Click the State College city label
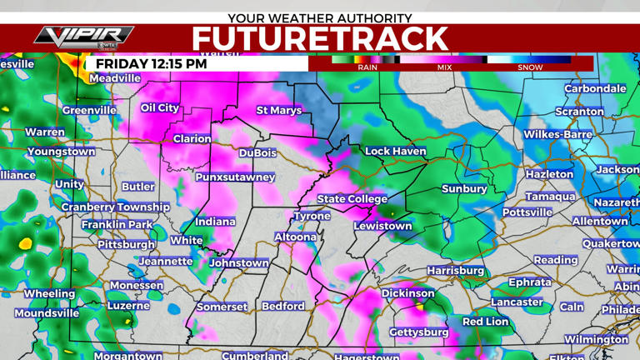[x=352, y=199]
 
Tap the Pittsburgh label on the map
[x=127, y=245]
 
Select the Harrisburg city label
[x=456, y=271]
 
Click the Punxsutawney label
[x=235, y=177]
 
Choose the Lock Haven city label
[x=396, y=152]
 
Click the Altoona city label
[x=296, y=237]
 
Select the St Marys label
[x=278, y=110]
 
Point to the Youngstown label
[x=61, y=152]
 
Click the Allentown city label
[x=600, y=222]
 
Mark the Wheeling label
[x=49, y=294]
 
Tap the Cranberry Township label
[x=115, y=207]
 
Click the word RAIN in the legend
[x=367, y=67]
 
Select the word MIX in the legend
[x=444, y=67]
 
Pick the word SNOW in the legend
[x=530, y=67]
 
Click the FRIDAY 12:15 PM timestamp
[x=151, y=63]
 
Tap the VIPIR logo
[x=84, y=37]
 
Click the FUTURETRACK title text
[x=320, y=38]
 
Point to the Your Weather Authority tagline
[x=320, y=17]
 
